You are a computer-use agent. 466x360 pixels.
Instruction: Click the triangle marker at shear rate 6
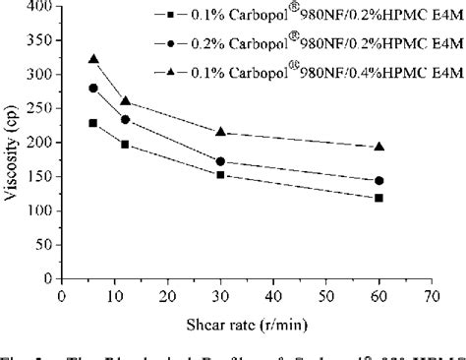pyautogui.click(x=93, y=59)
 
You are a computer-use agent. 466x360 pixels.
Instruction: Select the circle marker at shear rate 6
pyautogui.click(x=93, y=88)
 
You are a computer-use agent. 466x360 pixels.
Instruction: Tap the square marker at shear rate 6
pyautogui.click(x=93, y=123)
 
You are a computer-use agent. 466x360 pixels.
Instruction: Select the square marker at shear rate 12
pyautogui.click(x=125, y=144)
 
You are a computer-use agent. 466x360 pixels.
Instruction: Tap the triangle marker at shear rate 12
pyautogui.click(x=125, y=100)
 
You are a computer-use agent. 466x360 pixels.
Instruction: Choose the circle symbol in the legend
pyautogui.click(x=170, y=44)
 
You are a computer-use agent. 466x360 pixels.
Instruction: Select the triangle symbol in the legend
pyautogui.click(x=170, y=72)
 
